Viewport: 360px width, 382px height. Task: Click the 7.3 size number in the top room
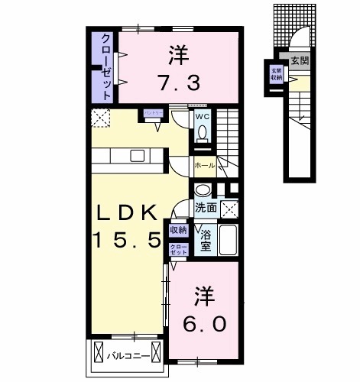[181, 81]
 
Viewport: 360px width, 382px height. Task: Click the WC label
[202, 117]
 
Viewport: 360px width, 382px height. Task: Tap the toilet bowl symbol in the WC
[202, 133]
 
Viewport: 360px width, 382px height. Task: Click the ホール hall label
[204, 165]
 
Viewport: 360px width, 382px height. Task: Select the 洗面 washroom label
[204, 207]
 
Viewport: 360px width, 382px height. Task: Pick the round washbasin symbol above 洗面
[203, 191]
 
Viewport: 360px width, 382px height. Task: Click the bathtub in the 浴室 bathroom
[229, 241]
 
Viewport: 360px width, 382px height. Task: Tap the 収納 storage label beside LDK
[177, 230]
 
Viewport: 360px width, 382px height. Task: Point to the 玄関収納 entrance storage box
[274, 74]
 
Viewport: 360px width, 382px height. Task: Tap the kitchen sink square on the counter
[137, 156]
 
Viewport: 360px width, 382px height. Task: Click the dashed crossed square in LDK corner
[99, 118]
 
